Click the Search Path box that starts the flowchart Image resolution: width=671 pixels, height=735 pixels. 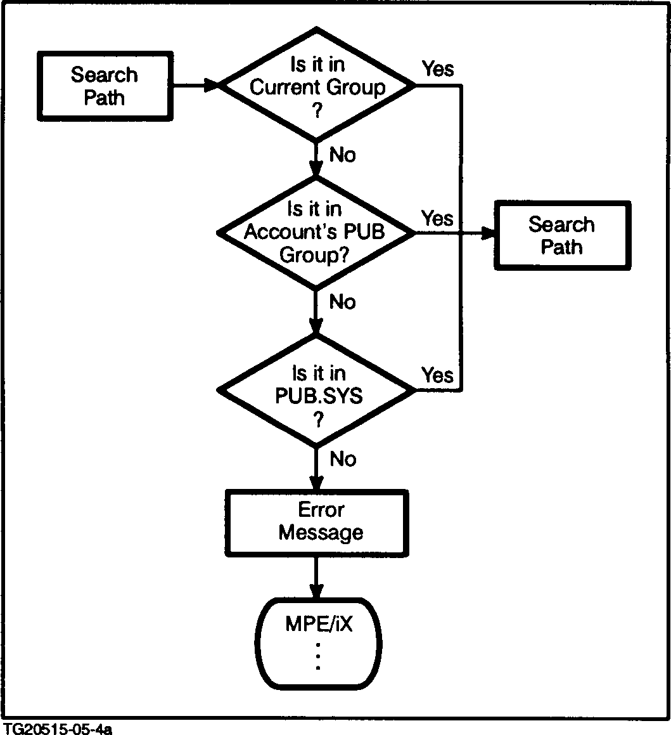[104, 86]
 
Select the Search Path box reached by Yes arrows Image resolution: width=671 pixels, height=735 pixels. [562, 235]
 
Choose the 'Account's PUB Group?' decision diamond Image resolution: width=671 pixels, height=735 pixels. [315, 233]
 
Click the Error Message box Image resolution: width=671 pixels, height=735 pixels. [321, 521]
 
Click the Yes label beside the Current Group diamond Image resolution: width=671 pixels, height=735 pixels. [438, 68]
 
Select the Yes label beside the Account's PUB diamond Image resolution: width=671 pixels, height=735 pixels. [437, 218]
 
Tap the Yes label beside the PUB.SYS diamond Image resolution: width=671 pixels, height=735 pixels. [437, 375]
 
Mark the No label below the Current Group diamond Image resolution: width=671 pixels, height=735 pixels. [343, 155]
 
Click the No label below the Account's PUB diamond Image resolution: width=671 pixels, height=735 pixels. [343, 302]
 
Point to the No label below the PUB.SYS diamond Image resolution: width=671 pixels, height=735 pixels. [343, 459]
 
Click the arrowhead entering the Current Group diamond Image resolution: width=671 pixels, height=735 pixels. [210, 85]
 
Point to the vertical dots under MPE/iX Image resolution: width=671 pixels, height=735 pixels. [318, 656]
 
